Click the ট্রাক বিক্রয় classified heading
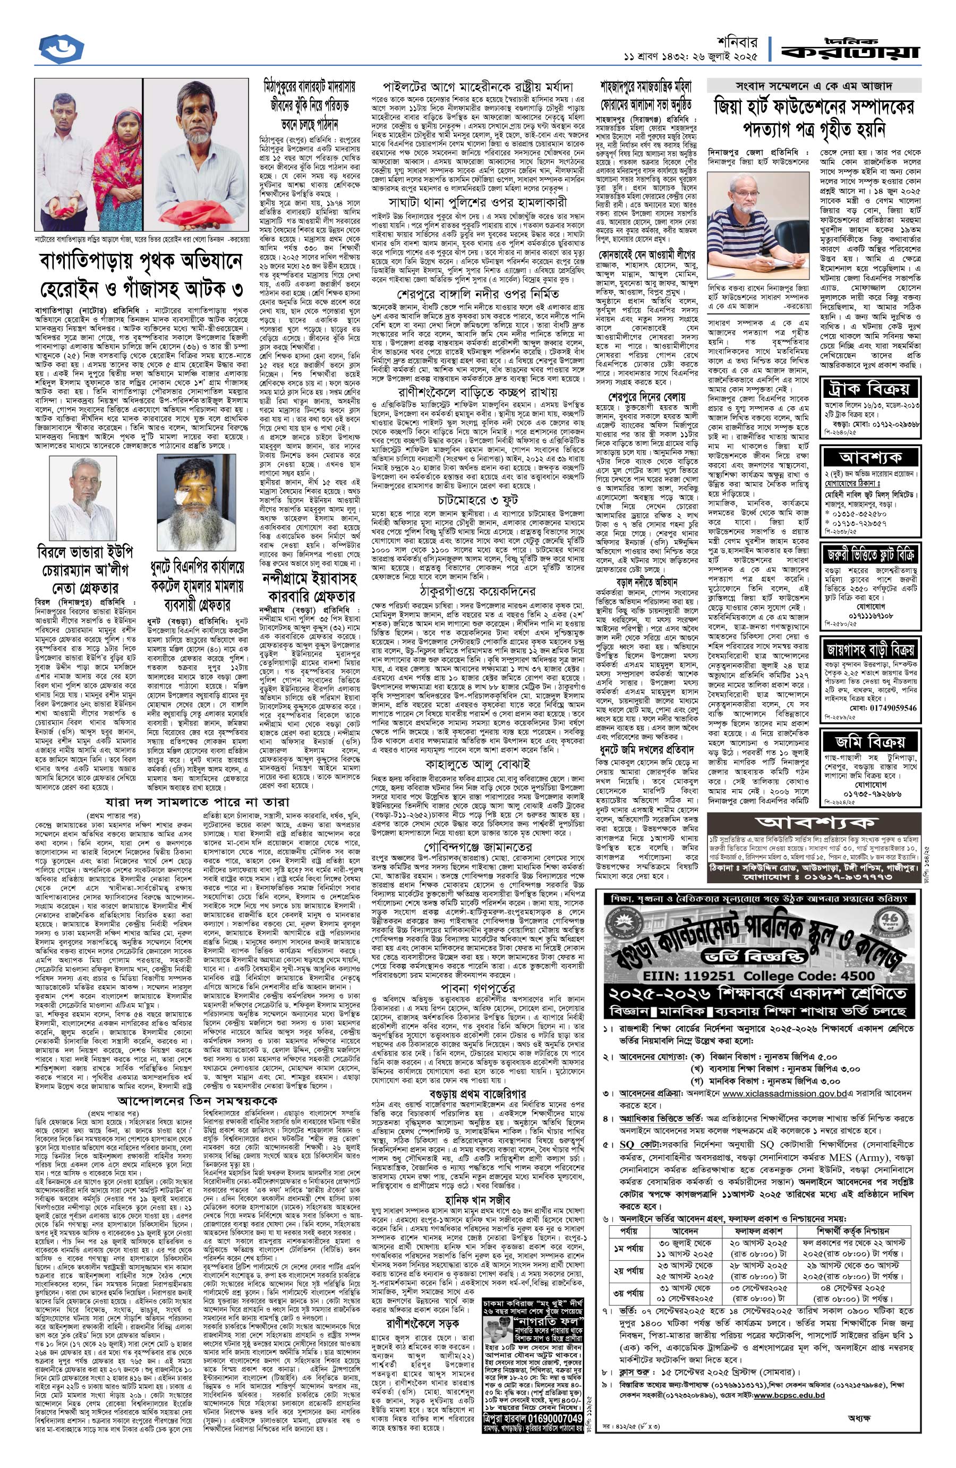pos(872,389)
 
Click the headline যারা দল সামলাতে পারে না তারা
pos(198,802)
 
